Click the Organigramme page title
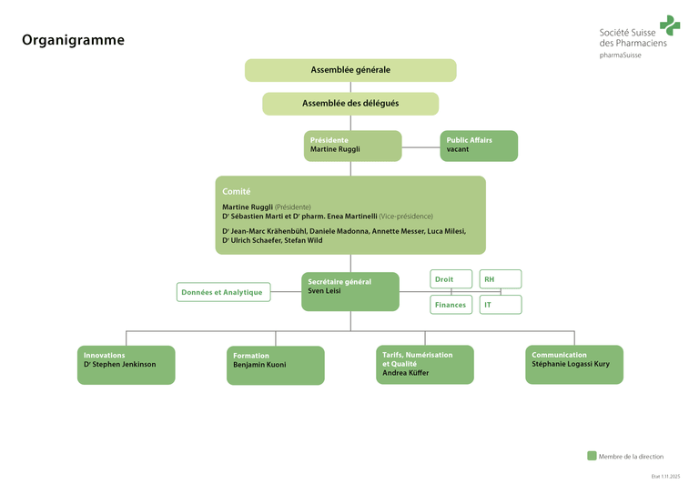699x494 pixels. pyautogui.click(x=73, y=40)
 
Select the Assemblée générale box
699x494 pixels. pyautogui.click(x=350, y=70)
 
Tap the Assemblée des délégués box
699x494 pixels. pyautogui.click(x=350, y=104)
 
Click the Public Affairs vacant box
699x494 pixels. pyautogui.click(x=479, y=146)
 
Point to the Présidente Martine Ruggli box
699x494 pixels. pyautogui.click(x=352, y=146)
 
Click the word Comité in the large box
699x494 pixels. pyautogui.click(x=237, y=191)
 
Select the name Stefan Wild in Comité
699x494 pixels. pyautogui.click(x=304, y=241)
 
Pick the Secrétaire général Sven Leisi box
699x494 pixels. pyautogui.click(x=350, y=291)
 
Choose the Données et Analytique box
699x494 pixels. pyautogui.click(x=223, y=292)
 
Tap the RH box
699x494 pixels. pyautogui.click(x=501, y=279)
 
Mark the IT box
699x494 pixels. pyautogui.click(x=501, y=305)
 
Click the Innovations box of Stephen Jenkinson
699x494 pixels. pyautogui.click(x=126, y=364)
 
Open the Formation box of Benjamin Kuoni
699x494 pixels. pyautogui.click(x=275, y=365)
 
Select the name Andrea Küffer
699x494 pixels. pyautogui.click(x=407, y=373)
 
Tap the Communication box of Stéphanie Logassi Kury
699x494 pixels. pyautogui.click(x=574, y=364)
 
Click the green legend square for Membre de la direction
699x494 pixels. pyautogui.click(x=592, y=456)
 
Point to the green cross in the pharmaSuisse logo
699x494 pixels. pyautogui.click(x=670, y=25)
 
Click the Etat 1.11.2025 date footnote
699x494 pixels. pyautogui.click(x=666, y=476)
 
